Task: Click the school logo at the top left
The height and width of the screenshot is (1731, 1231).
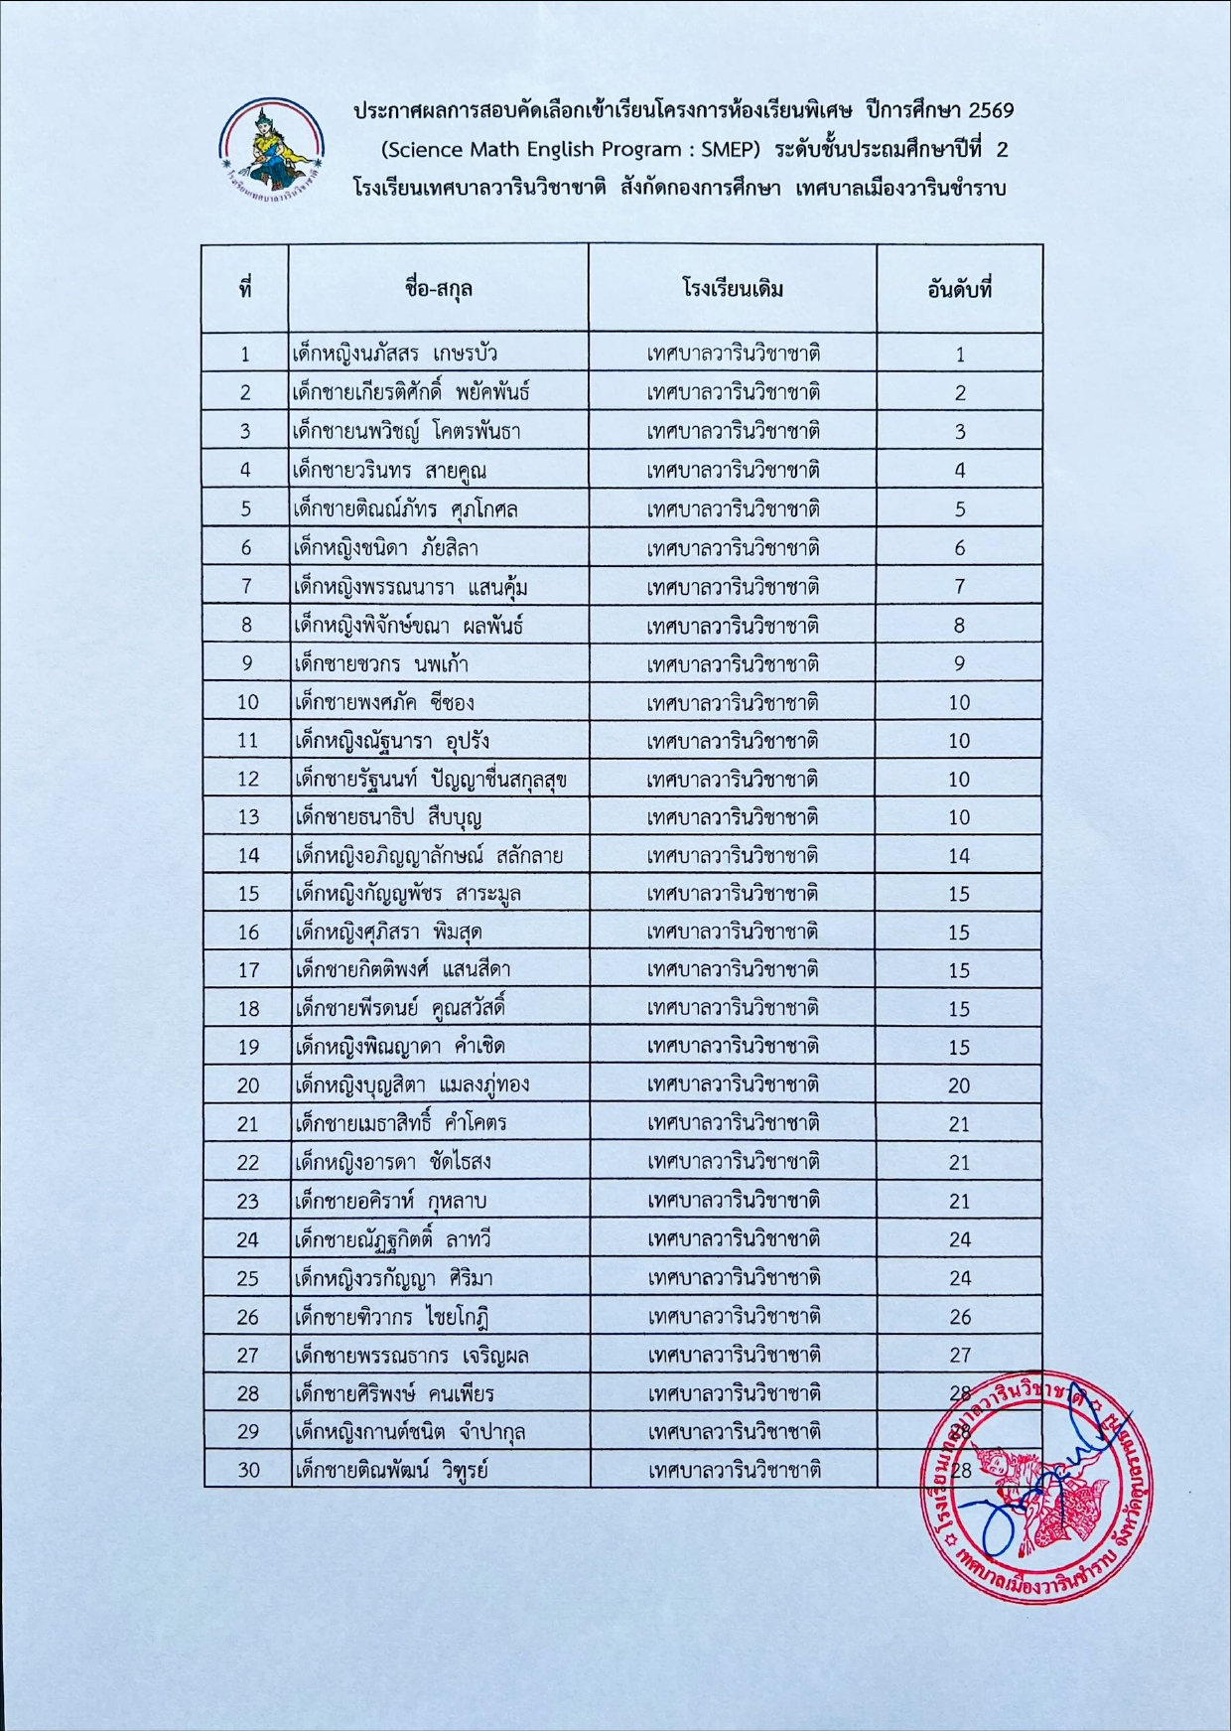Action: tap(271, 149)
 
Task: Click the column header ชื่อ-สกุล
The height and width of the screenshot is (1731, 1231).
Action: tap(438, 290)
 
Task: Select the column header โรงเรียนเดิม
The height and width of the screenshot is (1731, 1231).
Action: tap(733, 290)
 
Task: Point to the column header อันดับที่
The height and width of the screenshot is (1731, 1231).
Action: tap(959, 290)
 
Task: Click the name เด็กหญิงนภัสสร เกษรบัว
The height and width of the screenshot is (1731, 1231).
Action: tap(395, 354)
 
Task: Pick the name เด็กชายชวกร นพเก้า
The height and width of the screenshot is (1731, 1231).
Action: tap(381, 663)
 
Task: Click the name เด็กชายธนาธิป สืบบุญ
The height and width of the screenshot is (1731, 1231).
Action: tap(388, 817)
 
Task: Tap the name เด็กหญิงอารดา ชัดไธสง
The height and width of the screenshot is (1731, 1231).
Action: tap(393, 1162)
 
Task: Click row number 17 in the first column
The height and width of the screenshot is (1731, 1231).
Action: tap(247, 970)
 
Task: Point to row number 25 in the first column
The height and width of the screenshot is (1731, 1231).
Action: tap(247, 1278)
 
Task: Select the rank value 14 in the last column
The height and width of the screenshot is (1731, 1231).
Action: tap(959, 855)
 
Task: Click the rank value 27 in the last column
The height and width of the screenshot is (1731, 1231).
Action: tap(959, 1355)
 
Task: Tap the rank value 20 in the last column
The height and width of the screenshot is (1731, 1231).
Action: tap(959, 1085)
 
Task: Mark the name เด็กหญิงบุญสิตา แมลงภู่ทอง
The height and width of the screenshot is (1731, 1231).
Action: tap(412, 1085)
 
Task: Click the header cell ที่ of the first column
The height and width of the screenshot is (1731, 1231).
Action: tap(245, 290)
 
